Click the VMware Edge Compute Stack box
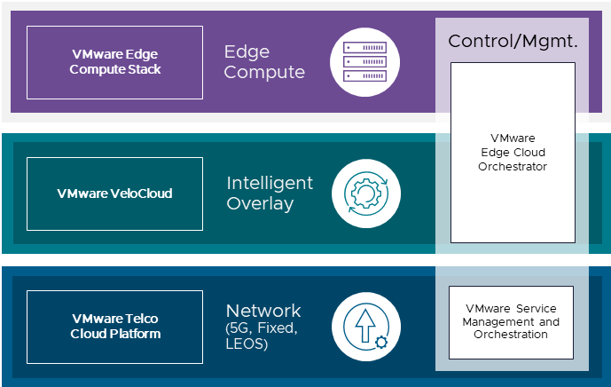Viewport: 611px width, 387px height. coord(114,62)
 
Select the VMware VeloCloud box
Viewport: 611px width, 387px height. coord(114,193)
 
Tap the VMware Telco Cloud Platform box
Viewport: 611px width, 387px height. coord(114,326)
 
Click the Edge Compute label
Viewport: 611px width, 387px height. coord(263,62)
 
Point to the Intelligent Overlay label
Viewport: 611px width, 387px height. coord(270,193)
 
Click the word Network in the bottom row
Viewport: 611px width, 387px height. coord(263,311)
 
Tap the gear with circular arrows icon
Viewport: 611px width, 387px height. coord(365,193)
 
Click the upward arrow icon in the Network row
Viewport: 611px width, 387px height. coord(364,325)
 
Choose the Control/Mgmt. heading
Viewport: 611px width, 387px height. coord(513,41)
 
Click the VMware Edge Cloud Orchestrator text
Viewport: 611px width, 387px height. coord(513,152)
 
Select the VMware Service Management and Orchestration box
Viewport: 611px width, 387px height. coord(511,322)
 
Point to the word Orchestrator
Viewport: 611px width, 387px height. coord(513,166)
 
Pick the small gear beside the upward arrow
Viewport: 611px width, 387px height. coord(380,341)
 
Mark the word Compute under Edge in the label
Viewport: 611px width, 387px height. coord(263,73)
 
